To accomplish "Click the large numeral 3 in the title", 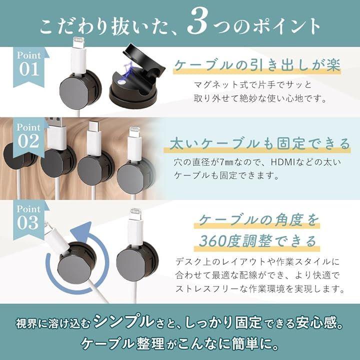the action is (x=197, y=23).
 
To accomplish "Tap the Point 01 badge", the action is (x=30, y=66).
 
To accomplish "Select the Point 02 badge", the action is (x=29, y=137).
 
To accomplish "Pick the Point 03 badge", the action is (x=29, y=219).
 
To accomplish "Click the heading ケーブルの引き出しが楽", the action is (x=257, y=65).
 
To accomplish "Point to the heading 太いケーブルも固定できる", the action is (x=259, y=143).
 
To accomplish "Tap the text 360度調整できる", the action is (x=257, y=241).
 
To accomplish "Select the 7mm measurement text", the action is (x=226, y=162).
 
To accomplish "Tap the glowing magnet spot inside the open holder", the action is (x=121, y=81).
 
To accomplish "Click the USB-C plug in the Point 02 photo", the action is (x=94, y=138).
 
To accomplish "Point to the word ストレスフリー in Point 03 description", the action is (x=207, y=288).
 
